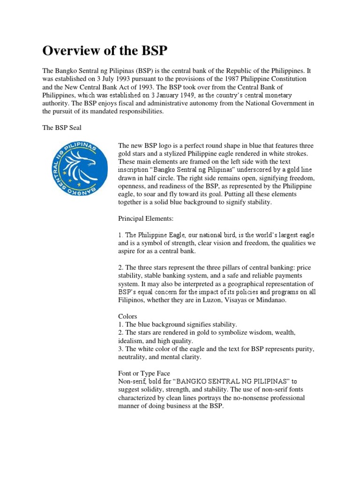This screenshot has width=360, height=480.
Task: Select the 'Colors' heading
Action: click(x=128, y=316)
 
